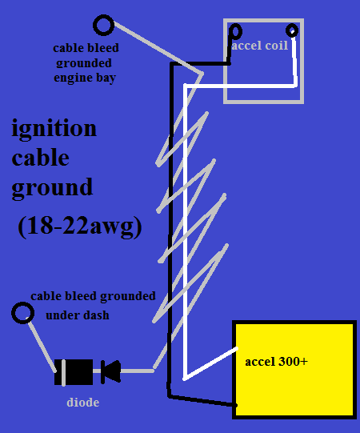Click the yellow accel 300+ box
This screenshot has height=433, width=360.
coord(294,370)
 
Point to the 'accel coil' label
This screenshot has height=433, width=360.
coord(260,46)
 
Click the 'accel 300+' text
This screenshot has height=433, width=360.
coord(276,362)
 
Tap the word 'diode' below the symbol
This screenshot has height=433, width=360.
coord(83,402)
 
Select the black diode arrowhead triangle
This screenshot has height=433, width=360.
coord(111,371)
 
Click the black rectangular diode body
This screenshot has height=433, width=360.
coord(74,372)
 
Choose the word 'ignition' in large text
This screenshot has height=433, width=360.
coord(54,129)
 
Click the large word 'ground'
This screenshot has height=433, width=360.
coord(52,188)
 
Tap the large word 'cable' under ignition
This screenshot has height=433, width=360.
coord(40,158)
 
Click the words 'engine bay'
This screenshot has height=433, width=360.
coord(85,78)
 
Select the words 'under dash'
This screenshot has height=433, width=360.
coord(78,315)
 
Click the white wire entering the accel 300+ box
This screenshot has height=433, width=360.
coord(210,363)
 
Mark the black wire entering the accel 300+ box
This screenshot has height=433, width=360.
coord(202,401)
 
